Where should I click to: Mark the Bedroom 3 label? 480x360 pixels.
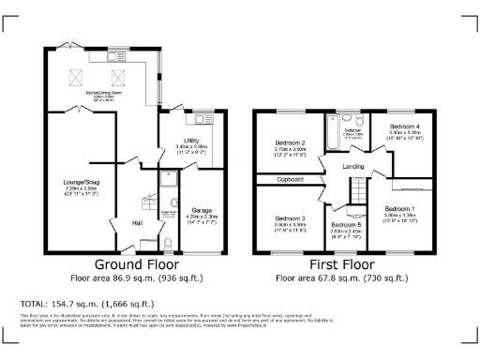[x=290, y=217]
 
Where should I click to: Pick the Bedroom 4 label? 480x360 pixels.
[x=404, y=126]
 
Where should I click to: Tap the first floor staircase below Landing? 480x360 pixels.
[x=356, y=192]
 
